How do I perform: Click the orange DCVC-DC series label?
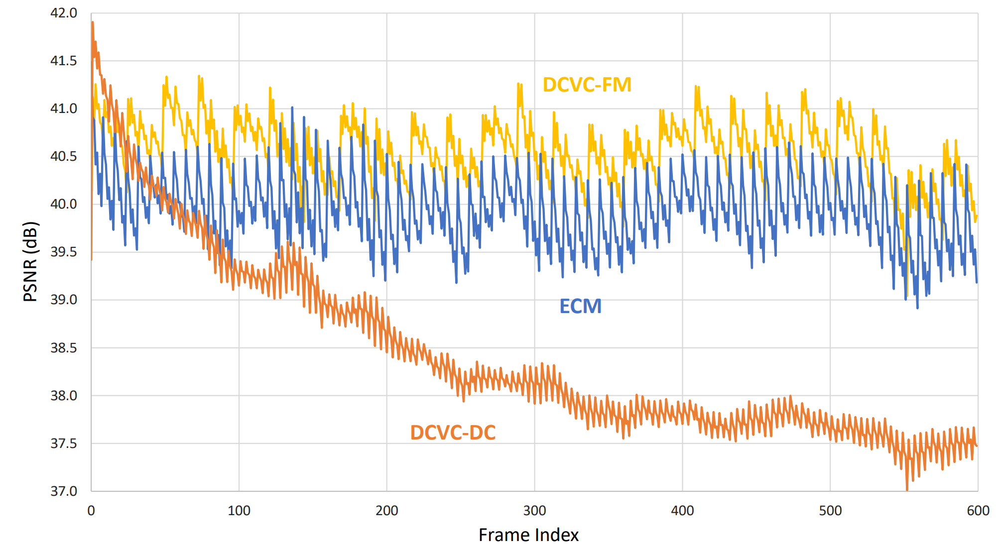tap(453, 433)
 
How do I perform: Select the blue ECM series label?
tap(580, 306)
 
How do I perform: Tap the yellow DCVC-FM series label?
tap(587, 85)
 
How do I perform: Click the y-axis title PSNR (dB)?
tap(30, 261)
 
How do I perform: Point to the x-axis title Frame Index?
tap(528, 535)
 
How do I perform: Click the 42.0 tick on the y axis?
tap(64, 13)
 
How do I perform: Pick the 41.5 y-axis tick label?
tap(64, 61)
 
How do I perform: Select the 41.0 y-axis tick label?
tap(64, 109)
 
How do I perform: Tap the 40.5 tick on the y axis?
tap(64, 156)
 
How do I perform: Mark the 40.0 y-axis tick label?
tap(64, 204)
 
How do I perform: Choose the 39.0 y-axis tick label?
tap(64, 300)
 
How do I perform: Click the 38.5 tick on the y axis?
tap(64, 348)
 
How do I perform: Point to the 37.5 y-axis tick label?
tap(64, 443)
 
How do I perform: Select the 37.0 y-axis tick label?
tap(64, 491)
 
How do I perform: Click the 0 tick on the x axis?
tap(91, 511)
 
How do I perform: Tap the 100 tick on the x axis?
tap(239, 511)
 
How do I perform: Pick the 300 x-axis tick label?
tap(534, 511)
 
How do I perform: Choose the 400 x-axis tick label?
tap(682, 511)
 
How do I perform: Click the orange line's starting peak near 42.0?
tap(93, 23)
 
